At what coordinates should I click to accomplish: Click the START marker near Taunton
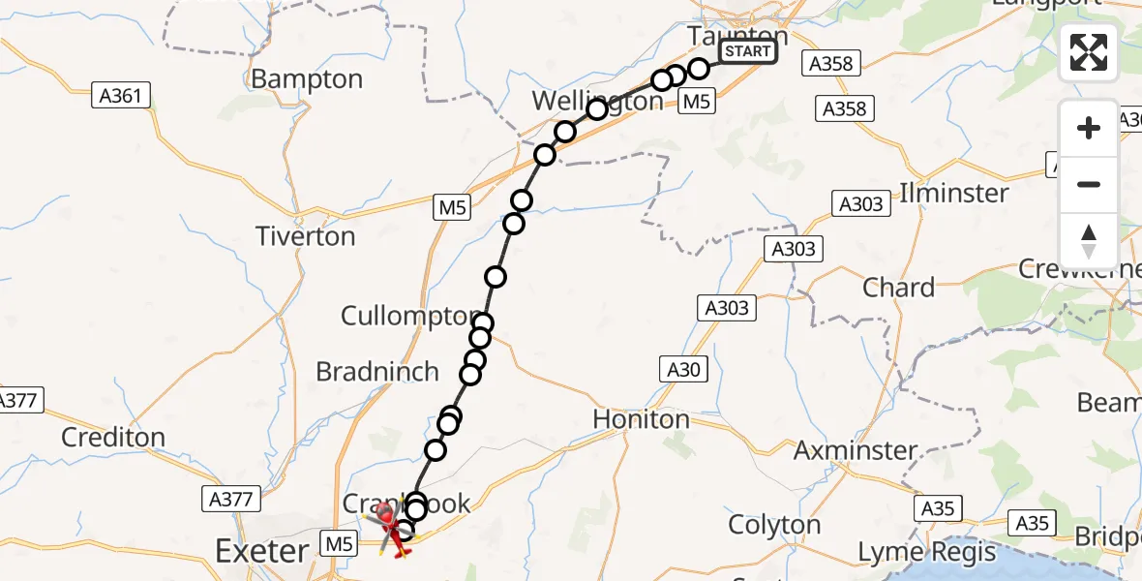click(x=748, y=51)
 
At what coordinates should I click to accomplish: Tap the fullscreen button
click(x=1089, y=52)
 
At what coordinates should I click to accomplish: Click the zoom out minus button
click(x=1089, y=184)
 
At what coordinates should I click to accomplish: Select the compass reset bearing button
click(x=1089, y=241)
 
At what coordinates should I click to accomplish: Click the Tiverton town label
click(x=305, y=236)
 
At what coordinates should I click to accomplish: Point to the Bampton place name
click(x=307, y=78)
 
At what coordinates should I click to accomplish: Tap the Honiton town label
click(x=641, y=419)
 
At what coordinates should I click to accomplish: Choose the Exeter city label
click(x=261, y=553)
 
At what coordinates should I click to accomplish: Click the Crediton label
click(x=112, y=438)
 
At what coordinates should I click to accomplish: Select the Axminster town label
click(x=856, y=450)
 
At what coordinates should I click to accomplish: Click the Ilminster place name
click(x=953, y=192)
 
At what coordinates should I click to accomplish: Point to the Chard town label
click(x=898, y=288)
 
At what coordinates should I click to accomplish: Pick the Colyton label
click(x=774, y=525)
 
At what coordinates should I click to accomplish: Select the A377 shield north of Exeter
click(x=232, y=500)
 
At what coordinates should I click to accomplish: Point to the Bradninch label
click(x=377, y=372)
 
